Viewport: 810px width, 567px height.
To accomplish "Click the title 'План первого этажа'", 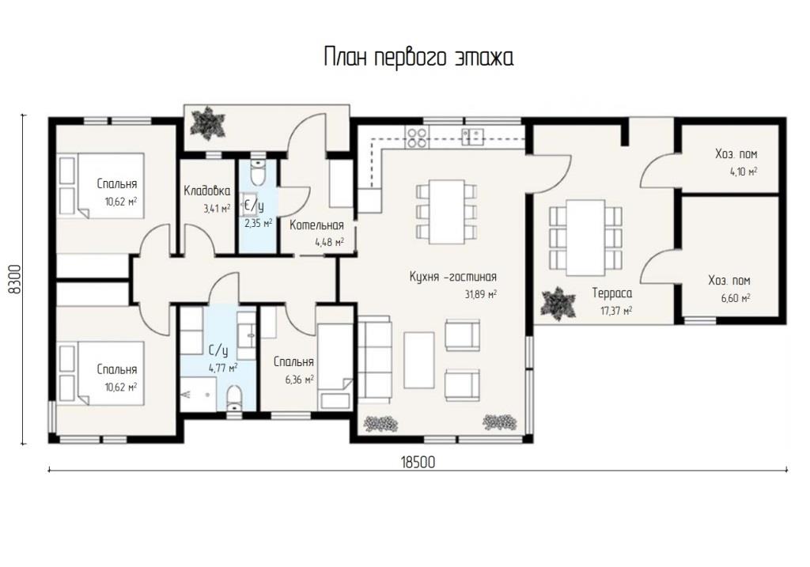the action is click(x=418, y=57).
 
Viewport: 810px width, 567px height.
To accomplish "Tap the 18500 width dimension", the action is click(x=418, y=462).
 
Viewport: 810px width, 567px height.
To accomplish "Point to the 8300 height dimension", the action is click(x=16, y=279).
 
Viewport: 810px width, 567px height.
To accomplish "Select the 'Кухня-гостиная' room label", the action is click(x=453, y=277).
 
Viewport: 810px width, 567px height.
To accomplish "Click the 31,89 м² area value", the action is click(x=480, y=294).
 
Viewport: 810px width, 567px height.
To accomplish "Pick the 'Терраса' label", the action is click(x=611, y=293).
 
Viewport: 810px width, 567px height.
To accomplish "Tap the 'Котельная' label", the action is click(x=316, y=225).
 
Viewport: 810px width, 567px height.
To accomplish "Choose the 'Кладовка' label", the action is click(x=207, y=191).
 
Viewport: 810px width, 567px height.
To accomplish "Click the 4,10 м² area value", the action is click(x=744, y=172).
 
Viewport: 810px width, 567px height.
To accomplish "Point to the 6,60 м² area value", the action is click(x=736, y=298).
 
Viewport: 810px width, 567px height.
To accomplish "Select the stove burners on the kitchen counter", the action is click(x=417, y=138).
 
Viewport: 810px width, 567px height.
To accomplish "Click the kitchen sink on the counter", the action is click(x=473, y=137).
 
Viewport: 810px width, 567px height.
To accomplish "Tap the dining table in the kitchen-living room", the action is click(x=446, y=212).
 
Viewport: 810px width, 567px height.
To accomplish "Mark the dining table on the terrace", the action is click(x=585, y=237).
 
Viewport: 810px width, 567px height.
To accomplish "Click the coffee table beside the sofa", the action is click(x=419, y=360).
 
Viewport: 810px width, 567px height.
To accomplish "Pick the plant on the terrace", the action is click(x=558, y=304).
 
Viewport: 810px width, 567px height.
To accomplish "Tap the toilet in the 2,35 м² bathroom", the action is click(x=257, y=172).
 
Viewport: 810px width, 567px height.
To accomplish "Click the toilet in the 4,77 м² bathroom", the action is click(x=234, y=398).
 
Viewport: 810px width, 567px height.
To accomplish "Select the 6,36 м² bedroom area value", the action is click(x=300, y=380).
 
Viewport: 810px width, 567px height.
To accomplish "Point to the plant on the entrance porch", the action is click(x=208, y=123).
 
